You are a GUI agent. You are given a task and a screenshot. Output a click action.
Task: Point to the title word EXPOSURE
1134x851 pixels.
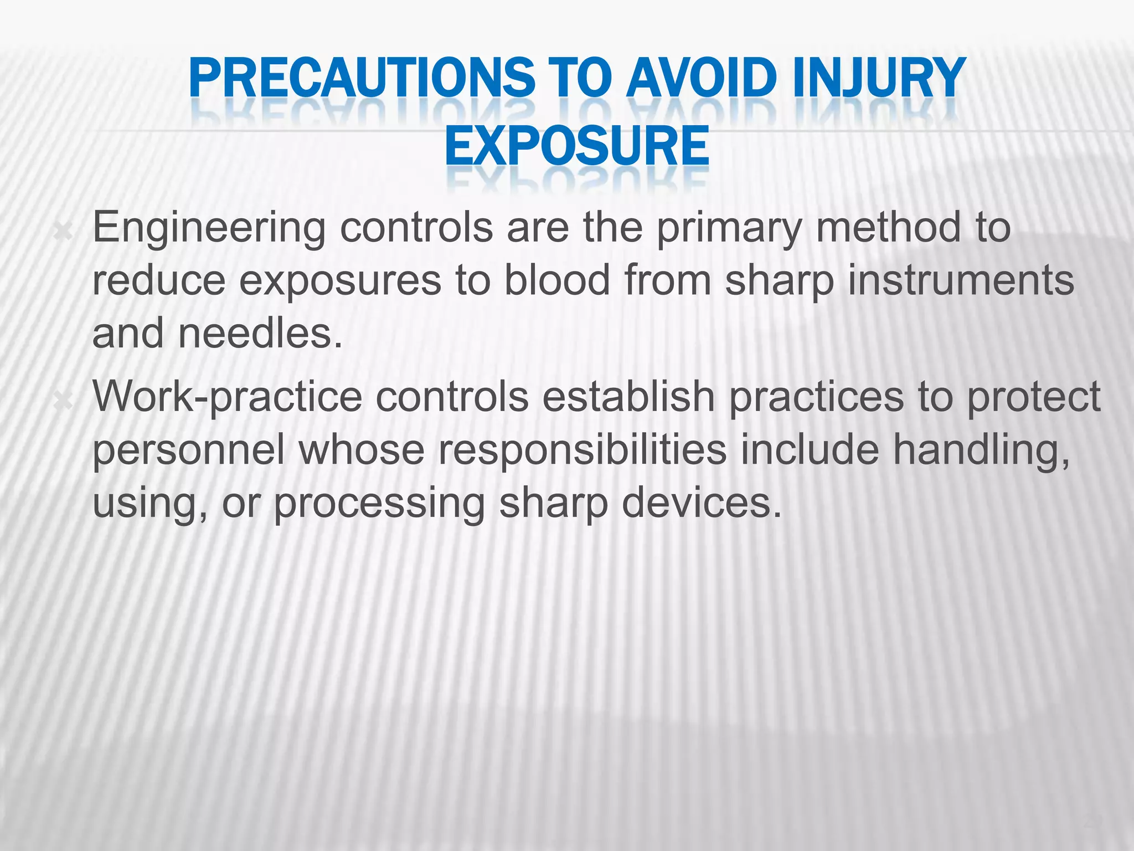point(576,146)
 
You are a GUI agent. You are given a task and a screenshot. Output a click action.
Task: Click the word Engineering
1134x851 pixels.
point(209,228)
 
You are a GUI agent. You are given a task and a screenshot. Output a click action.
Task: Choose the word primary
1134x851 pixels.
point(729,228)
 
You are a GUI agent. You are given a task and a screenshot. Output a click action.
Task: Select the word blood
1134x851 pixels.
point(557,280)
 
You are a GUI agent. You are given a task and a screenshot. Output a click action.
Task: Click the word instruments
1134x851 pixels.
point(961,280)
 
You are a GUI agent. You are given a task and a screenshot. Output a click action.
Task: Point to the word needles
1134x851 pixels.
point(259,334)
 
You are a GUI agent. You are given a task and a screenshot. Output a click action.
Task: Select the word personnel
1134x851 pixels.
point(188,450)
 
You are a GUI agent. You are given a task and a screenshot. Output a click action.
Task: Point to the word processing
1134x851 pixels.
point(379,504)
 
